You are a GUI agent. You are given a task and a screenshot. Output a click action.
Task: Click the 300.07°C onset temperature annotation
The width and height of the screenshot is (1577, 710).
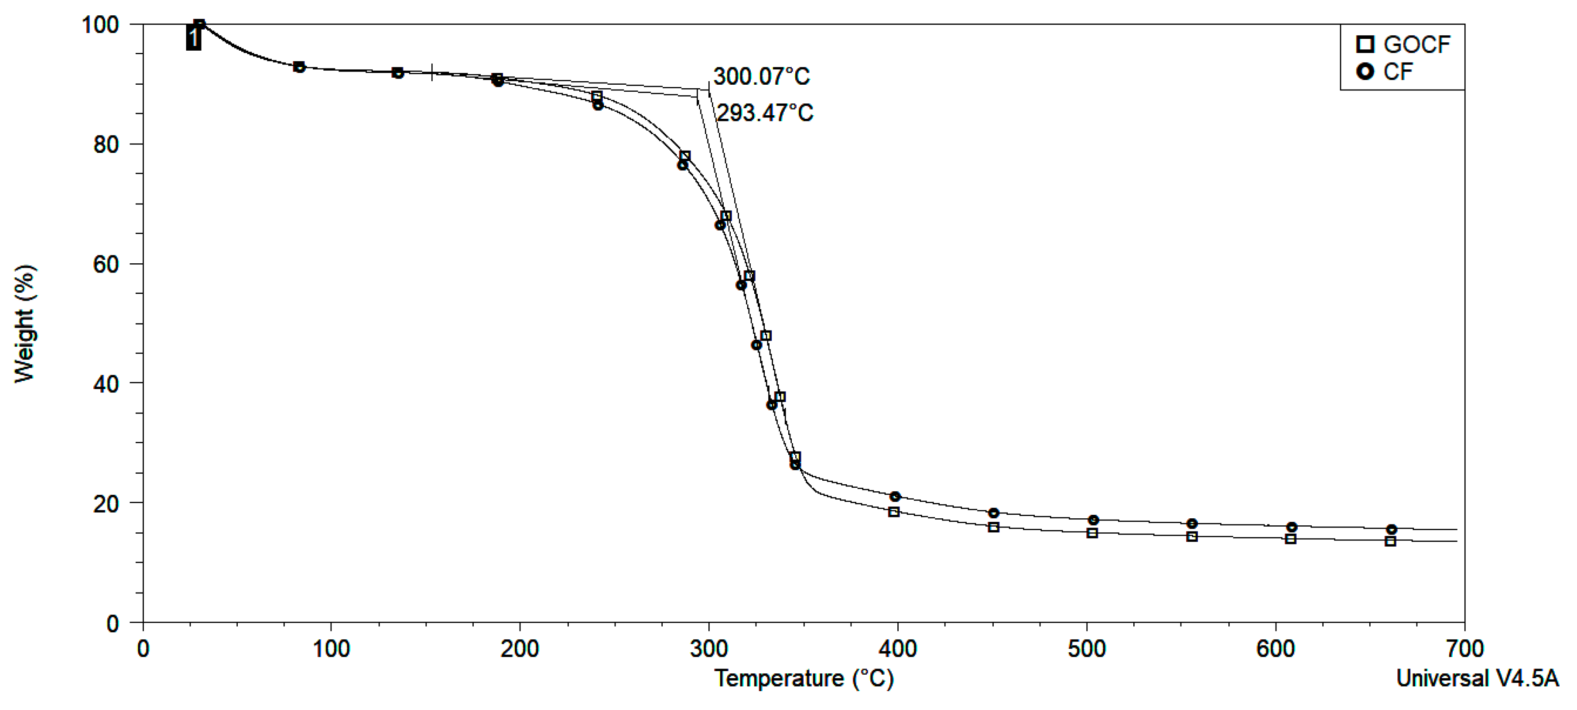coord(761,76)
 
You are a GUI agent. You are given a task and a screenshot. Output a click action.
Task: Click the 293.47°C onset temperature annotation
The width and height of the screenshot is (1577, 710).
coord(765,113)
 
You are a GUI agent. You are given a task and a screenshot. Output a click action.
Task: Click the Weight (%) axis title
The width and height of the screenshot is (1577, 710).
coord(24,324)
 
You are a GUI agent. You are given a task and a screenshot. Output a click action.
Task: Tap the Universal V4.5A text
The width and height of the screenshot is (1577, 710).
coord(1477,679)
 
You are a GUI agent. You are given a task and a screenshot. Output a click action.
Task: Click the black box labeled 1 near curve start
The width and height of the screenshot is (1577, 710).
coord(193,38)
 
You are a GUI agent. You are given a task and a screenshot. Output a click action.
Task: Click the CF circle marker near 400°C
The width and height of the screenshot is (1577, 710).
coord(895,496)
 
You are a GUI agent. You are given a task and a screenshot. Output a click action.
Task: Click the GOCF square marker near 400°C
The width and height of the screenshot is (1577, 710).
coord(894,511)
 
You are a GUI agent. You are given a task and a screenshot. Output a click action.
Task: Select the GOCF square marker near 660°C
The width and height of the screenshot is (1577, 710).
coord(1390,541)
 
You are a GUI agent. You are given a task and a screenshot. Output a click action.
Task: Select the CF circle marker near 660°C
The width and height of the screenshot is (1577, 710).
coord(1392,529)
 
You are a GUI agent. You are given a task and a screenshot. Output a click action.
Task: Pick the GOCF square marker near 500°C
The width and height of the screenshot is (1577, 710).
coord(1092,533)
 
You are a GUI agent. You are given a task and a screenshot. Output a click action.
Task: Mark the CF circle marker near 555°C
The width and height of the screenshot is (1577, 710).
coord(1192,524)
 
